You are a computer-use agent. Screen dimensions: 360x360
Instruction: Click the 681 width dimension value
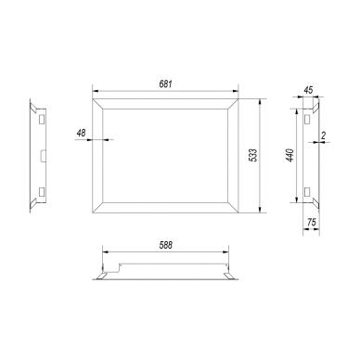point(165,84)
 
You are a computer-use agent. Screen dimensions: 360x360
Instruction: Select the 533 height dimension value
point(253,155)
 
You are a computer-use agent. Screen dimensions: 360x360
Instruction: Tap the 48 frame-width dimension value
point(81,134)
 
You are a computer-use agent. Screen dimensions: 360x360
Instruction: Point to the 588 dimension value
point(166,245)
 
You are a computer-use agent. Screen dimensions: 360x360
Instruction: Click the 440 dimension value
point(290,155)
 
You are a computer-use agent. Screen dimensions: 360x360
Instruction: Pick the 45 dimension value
point(308,90)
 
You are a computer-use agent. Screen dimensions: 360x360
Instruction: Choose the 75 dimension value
point(312,222)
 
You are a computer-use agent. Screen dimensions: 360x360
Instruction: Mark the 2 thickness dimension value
point(324,135)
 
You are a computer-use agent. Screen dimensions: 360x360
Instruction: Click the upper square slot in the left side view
point(42,119)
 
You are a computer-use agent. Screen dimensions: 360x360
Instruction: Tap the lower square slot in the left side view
point(42,192)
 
